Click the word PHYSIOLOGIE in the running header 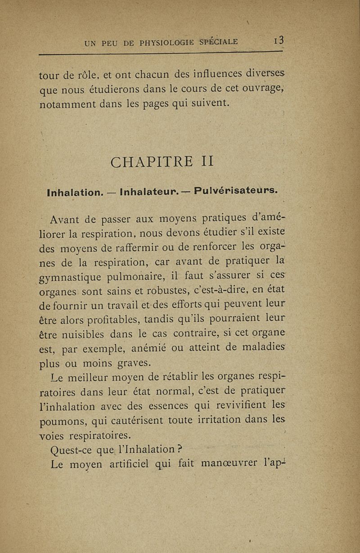point(160,44)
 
